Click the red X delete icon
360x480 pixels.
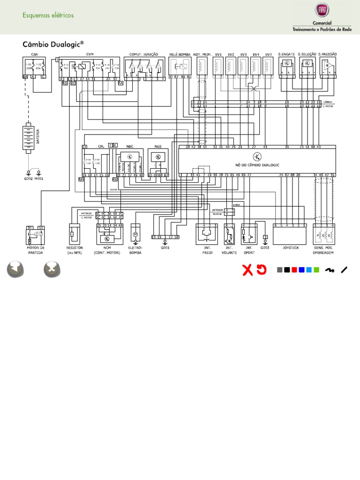coord(247,270)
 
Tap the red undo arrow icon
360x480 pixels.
coord(262,270)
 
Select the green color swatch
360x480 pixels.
coord(316,270)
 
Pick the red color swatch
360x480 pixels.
coord(294,270)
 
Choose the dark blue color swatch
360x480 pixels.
coord(301,270)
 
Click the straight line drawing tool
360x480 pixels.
coord(345,270)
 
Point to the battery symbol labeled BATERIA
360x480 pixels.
coord(30,137)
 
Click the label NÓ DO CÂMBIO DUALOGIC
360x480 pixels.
coord(257,165)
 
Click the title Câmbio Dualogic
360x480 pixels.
coord(53,44)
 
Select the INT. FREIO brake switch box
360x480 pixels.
coord(207,234)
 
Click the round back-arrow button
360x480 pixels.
coord(15,270)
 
